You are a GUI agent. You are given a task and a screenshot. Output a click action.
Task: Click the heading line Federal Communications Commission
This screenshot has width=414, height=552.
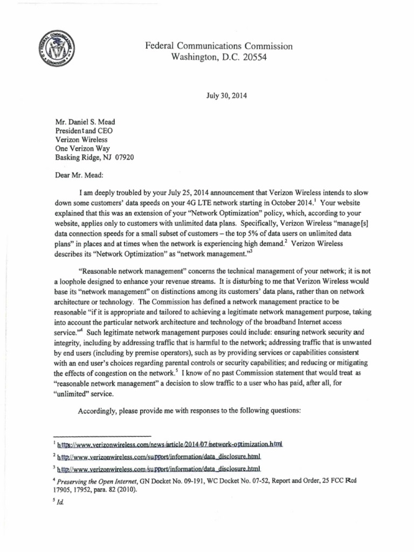pos(219,46)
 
